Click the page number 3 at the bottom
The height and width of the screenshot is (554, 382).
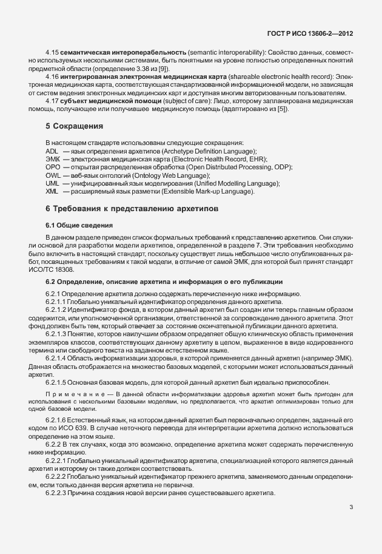tap(352, 507)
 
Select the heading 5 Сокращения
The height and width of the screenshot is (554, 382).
tap(75, 143)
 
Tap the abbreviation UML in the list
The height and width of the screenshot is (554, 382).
tap(53, 183)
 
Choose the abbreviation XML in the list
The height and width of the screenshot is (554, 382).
tap(52, 191)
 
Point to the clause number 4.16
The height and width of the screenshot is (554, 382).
tap(53, 78)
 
